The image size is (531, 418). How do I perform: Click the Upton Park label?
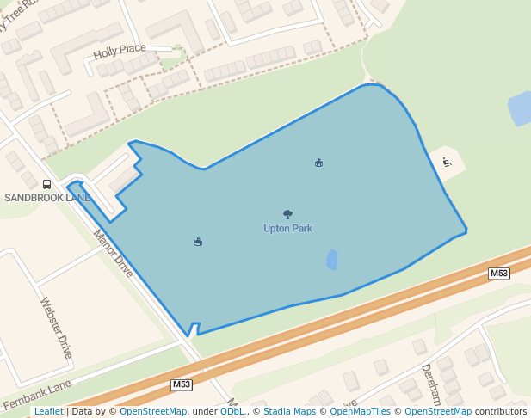(287, 229)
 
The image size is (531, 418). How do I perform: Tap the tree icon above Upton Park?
(287, 214)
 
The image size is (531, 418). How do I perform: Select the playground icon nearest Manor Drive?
(198, 242)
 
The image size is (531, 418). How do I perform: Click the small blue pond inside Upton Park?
(332, 260)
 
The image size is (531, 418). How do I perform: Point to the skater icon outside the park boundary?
(447, 162)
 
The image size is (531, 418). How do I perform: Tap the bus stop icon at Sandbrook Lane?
(46, 184)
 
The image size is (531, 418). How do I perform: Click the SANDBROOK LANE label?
(47, 198)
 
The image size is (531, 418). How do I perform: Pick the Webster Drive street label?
(57, 328)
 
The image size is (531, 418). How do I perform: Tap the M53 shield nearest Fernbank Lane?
(181, 384)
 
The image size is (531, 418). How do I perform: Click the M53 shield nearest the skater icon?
(499, 274)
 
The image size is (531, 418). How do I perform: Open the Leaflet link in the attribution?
(49, 411)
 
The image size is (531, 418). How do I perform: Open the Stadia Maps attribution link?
(289, 411)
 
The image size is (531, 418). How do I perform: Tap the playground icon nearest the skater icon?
(318, 163)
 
